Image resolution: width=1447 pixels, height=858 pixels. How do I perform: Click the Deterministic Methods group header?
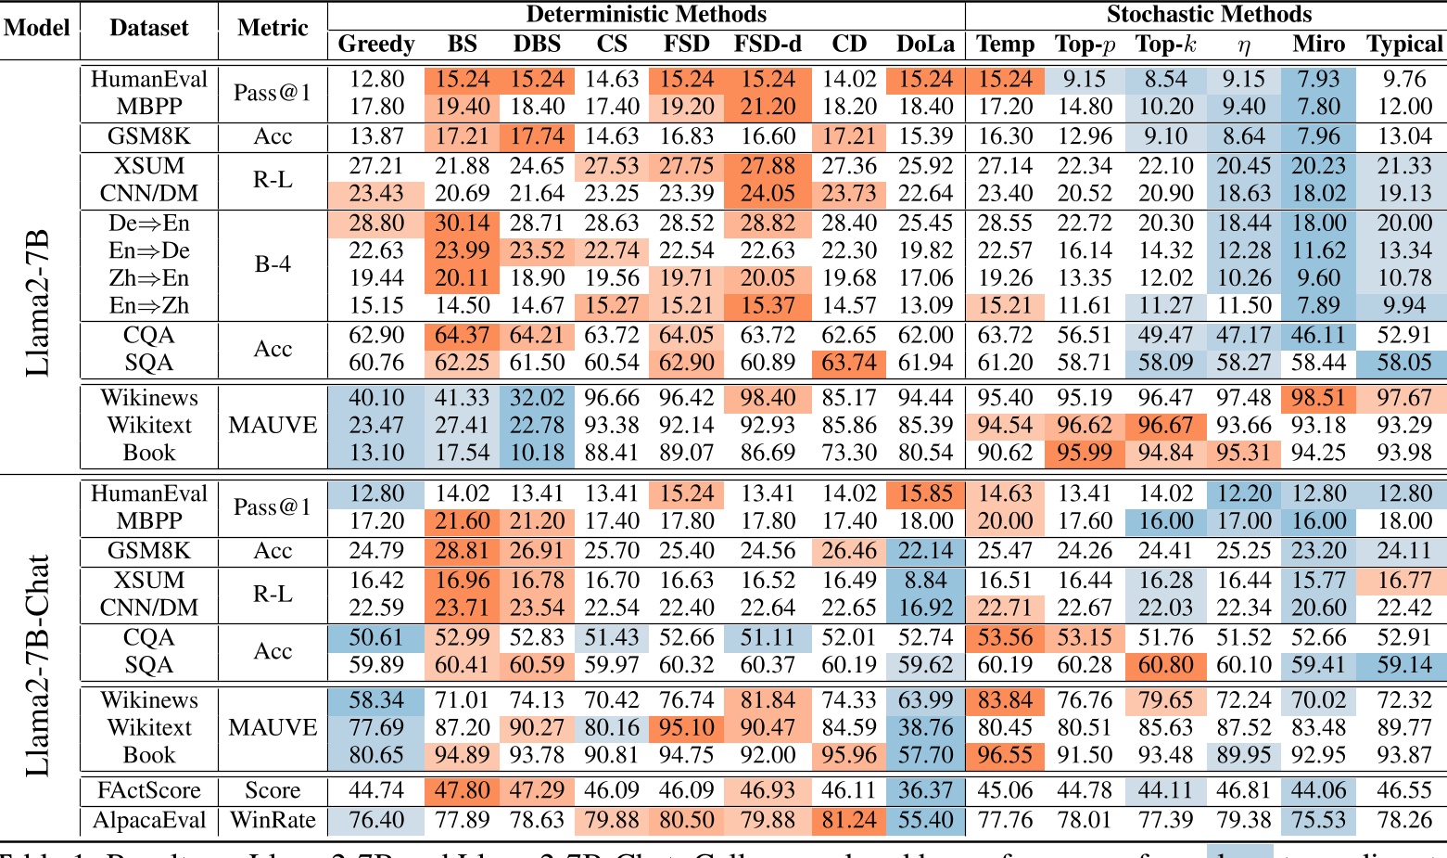646,14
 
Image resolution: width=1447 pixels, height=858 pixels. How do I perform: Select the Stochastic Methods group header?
1209,14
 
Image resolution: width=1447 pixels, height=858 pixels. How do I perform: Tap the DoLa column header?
925,44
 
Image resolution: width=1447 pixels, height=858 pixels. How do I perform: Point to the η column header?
1243,44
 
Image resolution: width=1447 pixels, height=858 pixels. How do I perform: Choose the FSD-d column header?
768,44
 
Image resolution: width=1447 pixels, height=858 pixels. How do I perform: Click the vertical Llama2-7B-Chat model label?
37,665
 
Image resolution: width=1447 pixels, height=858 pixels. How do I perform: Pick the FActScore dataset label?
149,790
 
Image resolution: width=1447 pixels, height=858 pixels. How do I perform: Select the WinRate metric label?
273,820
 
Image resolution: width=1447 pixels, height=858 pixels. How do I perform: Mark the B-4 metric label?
273,264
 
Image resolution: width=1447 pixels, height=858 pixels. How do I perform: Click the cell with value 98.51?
1318,398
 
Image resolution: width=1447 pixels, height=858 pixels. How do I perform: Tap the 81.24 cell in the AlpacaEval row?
849,820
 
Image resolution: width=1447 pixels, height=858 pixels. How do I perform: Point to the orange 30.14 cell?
462,224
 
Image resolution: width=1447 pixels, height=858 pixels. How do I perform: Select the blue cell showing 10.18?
537,453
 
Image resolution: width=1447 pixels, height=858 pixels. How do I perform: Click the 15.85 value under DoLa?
925,493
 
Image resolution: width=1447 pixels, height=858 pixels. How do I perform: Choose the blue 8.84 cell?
925,581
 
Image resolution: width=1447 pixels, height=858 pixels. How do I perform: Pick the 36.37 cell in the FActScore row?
925,790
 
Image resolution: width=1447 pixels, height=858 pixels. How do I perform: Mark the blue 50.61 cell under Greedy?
376,638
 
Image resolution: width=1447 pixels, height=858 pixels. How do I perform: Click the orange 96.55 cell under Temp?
1005,755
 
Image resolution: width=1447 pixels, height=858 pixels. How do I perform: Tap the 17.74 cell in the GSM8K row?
537,136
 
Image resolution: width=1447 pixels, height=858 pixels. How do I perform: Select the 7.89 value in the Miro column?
1318,305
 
